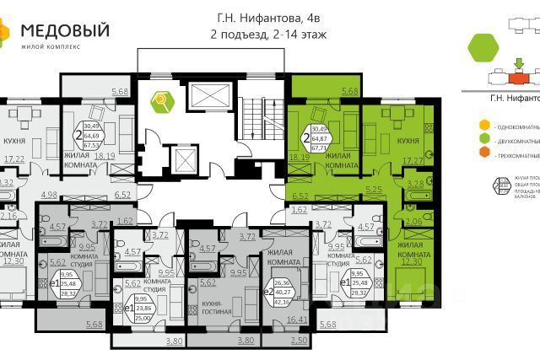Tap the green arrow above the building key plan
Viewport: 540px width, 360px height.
pyautogui.click(x=518, y=62)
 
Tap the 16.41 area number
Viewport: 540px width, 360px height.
pyautogui.click(x=298, y=320)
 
